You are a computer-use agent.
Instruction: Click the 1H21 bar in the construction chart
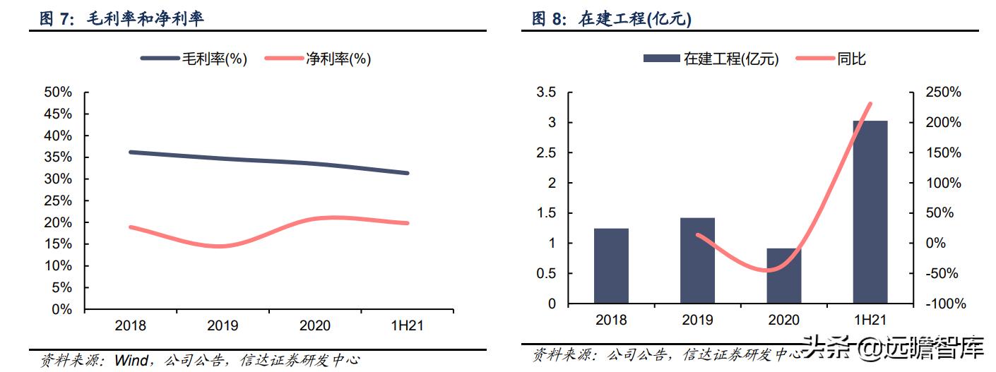[x=870, y=212]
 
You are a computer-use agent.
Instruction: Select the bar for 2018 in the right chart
[x=611, y=265]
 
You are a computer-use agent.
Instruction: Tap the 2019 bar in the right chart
[x=697, y=260]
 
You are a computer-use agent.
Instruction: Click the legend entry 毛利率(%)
[x=194, y=59]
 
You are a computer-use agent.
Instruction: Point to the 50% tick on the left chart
[x=58, y=92]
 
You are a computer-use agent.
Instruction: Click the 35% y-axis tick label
[x=58, y=157]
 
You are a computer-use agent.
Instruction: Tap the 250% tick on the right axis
[x=944, y=92]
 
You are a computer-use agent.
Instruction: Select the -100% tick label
[x=942, y=304]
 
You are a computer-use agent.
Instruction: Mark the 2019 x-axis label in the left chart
[x=223, y=325]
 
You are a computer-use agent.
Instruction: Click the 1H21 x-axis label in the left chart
[x=408, y=325]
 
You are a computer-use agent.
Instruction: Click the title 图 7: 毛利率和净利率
[x=121, y=19]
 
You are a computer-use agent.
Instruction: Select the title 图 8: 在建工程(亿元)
[x=612, y=19]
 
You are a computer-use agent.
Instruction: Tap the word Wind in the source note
[x=131, y=360]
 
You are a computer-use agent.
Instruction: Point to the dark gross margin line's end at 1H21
[x=407, y=173]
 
